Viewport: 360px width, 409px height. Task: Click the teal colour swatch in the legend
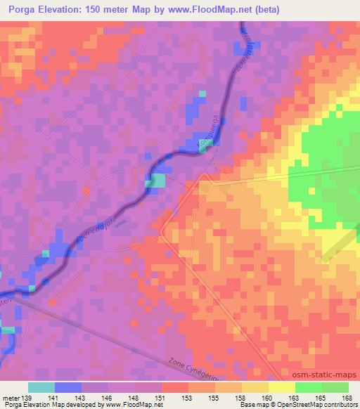click(x=41, y=387)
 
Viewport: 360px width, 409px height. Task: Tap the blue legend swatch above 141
click(x=68, y=387)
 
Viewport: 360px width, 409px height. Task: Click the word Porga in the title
click(x=23, y=9)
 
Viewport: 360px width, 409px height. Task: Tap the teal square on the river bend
click(x=155, y=181)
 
